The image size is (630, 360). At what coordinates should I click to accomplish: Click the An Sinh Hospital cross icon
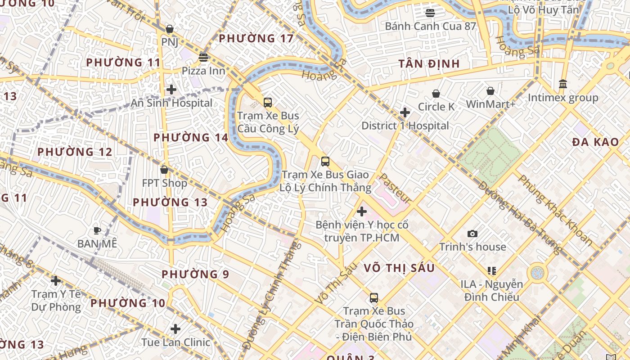(x=171, y=90)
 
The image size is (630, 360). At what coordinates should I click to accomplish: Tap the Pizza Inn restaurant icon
(x=203, y=58)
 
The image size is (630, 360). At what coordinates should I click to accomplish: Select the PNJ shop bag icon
(x=170, y=29)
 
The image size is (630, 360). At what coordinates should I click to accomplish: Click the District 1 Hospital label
(x=405, y=126)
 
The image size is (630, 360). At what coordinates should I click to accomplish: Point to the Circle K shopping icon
(x=436, y=94)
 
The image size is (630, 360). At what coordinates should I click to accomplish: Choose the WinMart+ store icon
(x=490, y=91)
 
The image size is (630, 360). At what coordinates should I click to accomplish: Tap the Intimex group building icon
(x=562, y=84)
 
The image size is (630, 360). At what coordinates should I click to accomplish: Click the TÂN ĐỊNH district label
(x=429, y=64)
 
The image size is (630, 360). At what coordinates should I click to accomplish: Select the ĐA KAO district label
(x=595, y=142)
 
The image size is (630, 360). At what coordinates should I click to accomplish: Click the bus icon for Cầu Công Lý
(x=268, y=103)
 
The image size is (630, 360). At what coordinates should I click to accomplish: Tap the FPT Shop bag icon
(x=164, y=170)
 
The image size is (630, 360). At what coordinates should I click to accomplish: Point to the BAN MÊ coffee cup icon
(x=97, y=231)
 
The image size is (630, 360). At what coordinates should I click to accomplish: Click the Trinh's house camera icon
(x=472, y=234)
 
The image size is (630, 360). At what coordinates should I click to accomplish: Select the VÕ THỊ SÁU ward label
(x=399, y=268)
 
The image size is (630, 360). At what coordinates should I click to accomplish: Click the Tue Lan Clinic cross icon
(x=175, y=329)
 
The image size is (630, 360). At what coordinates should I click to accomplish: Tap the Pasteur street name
(x=396, y=188)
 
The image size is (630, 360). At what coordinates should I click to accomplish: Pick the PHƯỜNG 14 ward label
(x=191, y=138)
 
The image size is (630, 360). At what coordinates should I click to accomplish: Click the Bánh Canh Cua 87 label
(x=430, y=26)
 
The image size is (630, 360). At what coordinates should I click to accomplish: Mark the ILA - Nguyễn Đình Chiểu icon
(x=491, y=271)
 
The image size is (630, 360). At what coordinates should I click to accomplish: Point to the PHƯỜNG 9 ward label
(x=195, y=274)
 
